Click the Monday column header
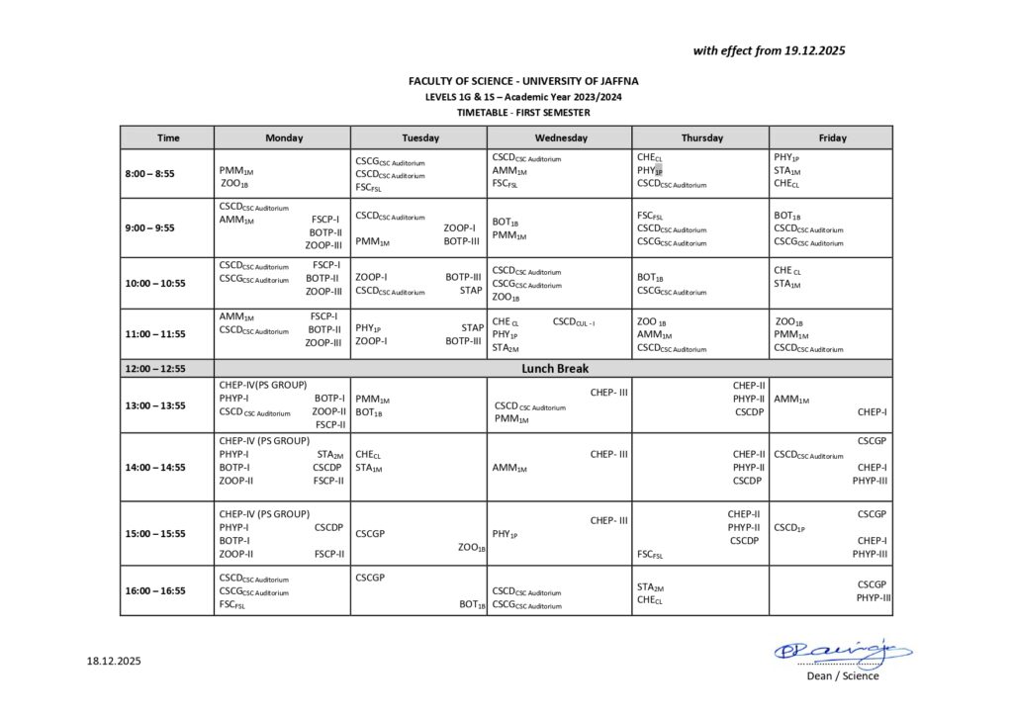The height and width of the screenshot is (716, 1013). tap(284, 137)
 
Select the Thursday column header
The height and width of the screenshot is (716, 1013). tap(701, 137)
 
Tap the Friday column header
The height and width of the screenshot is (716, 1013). tap(832, 137)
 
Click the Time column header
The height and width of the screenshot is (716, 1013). tap(168, 137)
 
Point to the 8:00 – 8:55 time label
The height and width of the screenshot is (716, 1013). tap(149, 174)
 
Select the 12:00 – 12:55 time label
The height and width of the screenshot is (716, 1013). tap(154, 368)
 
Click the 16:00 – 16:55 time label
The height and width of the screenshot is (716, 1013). tap(154, 590)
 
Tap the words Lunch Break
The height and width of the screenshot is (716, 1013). tap(555, 368)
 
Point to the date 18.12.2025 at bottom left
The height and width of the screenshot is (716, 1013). tap(114, 661)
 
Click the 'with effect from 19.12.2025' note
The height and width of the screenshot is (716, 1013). tap(769, 50)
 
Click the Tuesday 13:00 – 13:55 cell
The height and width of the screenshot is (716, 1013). tap(420, 405)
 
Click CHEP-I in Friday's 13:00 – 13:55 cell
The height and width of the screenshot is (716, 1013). tap(872, 411)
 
